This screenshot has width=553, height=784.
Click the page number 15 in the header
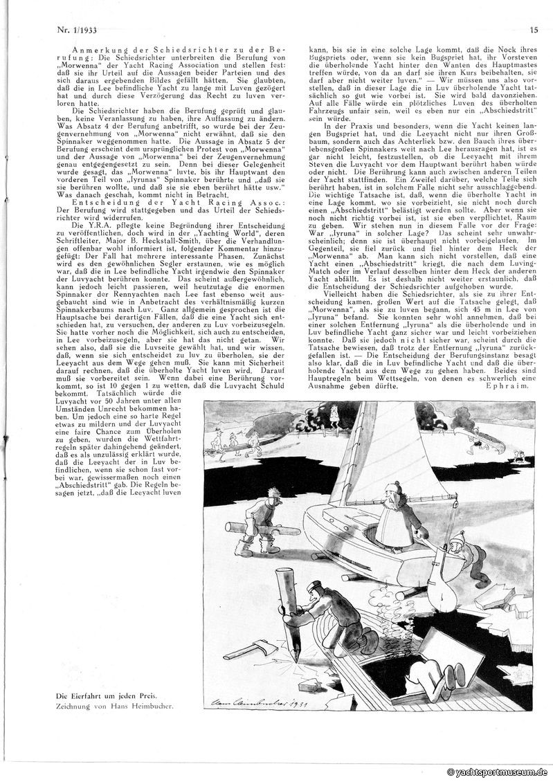(x=534, y=28)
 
